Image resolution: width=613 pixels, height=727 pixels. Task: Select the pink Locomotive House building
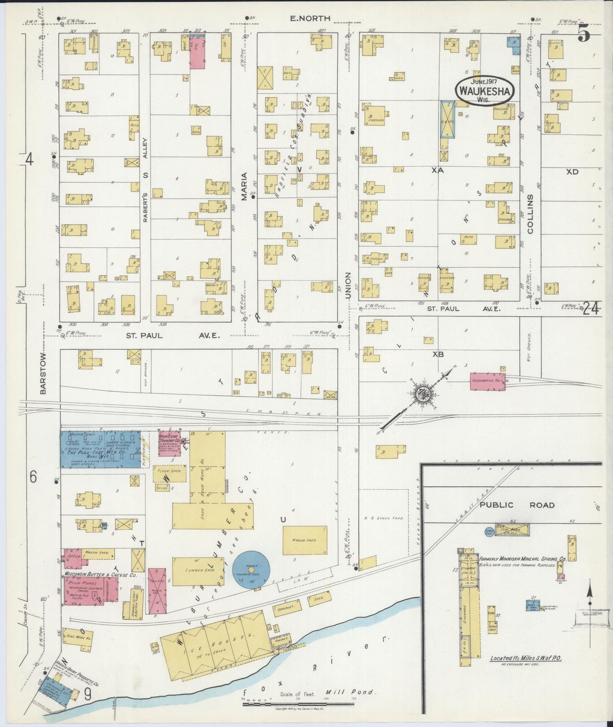pyautogui.click(x=487, y=381)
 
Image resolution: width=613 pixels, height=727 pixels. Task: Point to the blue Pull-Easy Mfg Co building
pyautogui.click(x=100, y=449)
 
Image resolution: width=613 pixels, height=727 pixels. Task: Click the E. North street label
pyautogui.click(x=310, y=18)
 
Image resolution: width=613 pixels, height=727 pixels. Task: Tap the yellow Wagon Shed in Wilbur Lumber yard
pyautogui.click(x=305, y=540)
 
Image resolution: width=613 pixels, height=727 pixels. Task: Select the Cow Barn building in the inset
pyautogui.click(x=512, y=530)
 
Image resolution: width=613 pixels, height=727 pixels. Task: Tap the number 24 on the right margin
pyautogui.click(x=591, y=309)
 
